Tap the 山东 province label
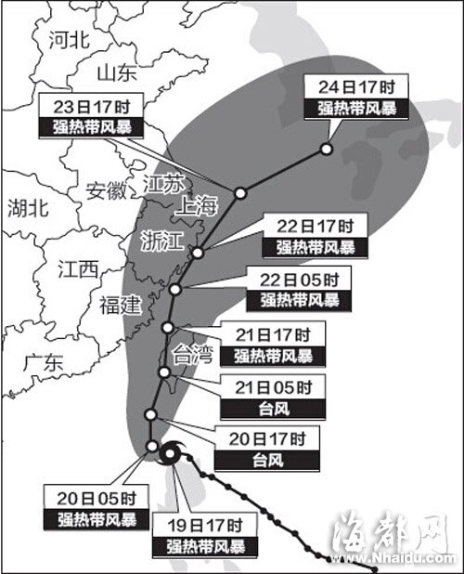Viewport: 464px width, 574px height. (x=117, y=72)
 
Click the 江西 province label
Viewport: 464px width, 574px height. (x=77, y=269)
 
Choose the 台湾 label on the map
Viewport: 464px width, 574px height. (x=193, y=354)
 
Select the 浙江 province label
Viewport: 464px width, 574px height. (x=161, y=240)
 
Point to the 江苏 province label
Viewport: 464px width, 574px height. (x=165, y=183)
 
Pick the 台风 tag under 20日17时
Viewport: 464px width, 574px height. (x=267, y=458)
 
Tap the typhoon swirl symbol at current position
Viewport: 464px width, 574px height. (x=172, y=455)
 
